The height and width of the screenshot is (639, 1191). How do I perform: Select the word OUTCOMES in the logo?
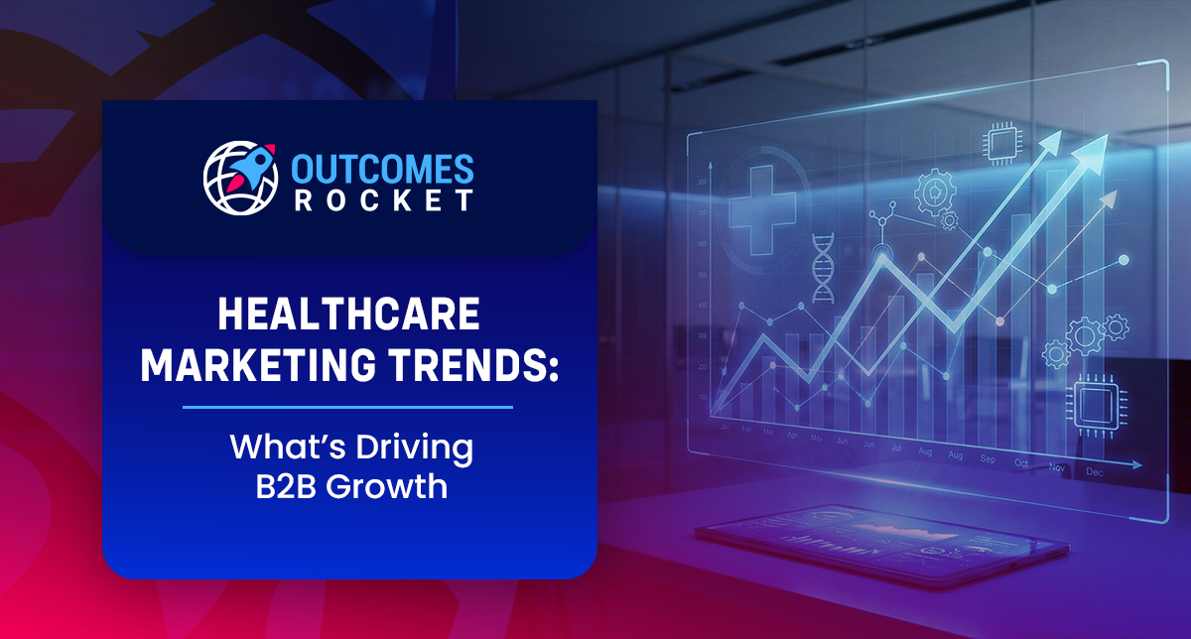click(382, 167)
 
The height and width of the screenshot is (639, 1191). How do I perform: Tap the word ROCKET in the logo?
click(382, 199)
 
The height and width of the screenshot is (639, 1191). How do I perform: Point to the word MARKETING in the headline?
click(248, 366)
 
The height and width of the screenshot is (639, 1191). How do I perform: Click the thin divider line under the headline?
click(348, 407)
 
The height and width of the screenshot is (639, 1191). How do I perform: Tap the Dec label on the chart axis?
click(1094, 473)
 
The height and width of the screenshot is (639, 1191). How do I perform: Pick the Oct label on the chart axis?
click(1021, 462)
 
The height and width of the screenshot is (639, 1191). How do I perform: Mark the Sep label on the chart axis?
click(988, 459)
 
